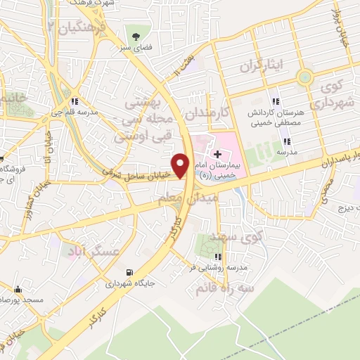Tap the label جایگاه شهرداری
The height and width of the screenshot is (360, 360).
pos(129,285)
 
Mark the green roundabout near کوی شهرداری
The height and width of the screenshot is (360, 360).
pos(304,77)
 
